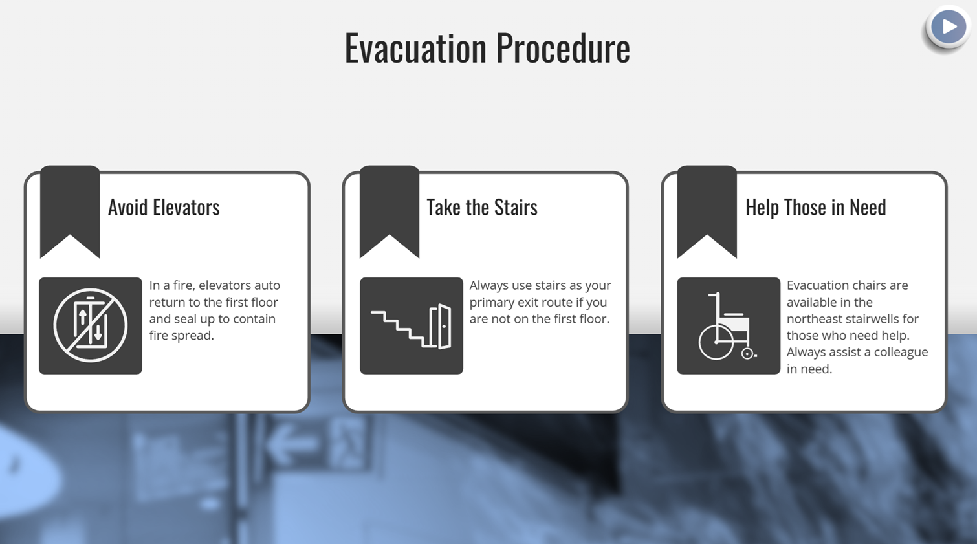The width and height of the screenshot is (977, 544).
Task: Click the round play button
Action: click(x=948, y=27)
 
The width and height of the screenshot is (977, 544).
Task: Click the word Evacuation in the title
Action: click(x=415, y=48)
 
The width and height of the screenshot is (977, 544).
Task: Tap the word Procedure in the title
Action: click(x=563, y=48)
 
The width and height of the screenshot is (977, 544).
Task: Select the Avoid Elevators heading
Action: click(x=164, y=207)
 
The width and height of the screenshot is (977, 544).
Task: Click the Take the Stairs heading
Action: click(x=482, y=207)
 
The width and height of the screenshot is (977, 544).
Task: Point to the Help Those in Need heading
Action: click(x=816, y=207)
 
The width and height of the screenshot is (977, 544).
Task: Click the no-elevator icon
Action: click(x=91, y=325)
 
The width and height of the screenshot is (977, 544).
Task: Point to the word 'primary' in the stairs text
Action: click(x=494, y=303)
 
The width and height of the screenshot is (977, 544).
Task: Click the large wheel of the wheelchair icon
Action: click(x=716, y=342)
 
